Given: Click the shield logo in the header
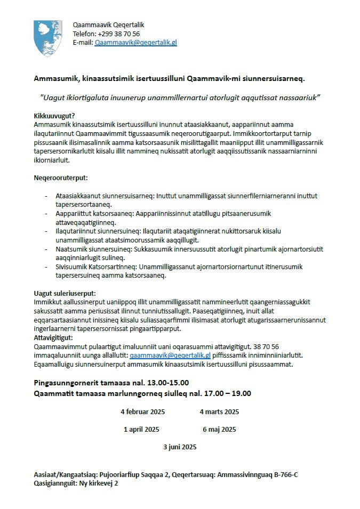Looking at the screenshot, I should [x=47, y=38].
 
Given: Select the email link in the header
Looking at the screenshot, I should [x=135, y=42].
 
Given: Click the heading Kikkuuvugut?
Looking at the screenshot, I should [x=54, y=116].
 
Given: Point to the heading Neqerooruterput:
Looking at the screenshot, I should [x=61, y=177].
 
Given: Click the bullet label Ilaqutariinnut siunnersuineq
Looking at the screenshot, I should [x=96, y=231].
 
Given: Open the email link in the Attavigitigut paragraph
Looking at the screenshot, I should [x=170, y=355].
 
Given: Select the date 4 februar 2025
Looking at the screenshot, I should [x=142, y=411].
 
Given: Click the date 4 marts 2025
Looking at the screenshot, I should [x=219, y=411].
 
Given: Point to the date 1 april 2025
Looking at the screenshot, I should [x=141, y=429].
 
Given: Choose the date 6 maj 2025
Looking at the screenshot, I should [x=219, y=429].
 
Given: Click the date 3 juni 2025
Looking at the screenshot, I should [x=180, y=447].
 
